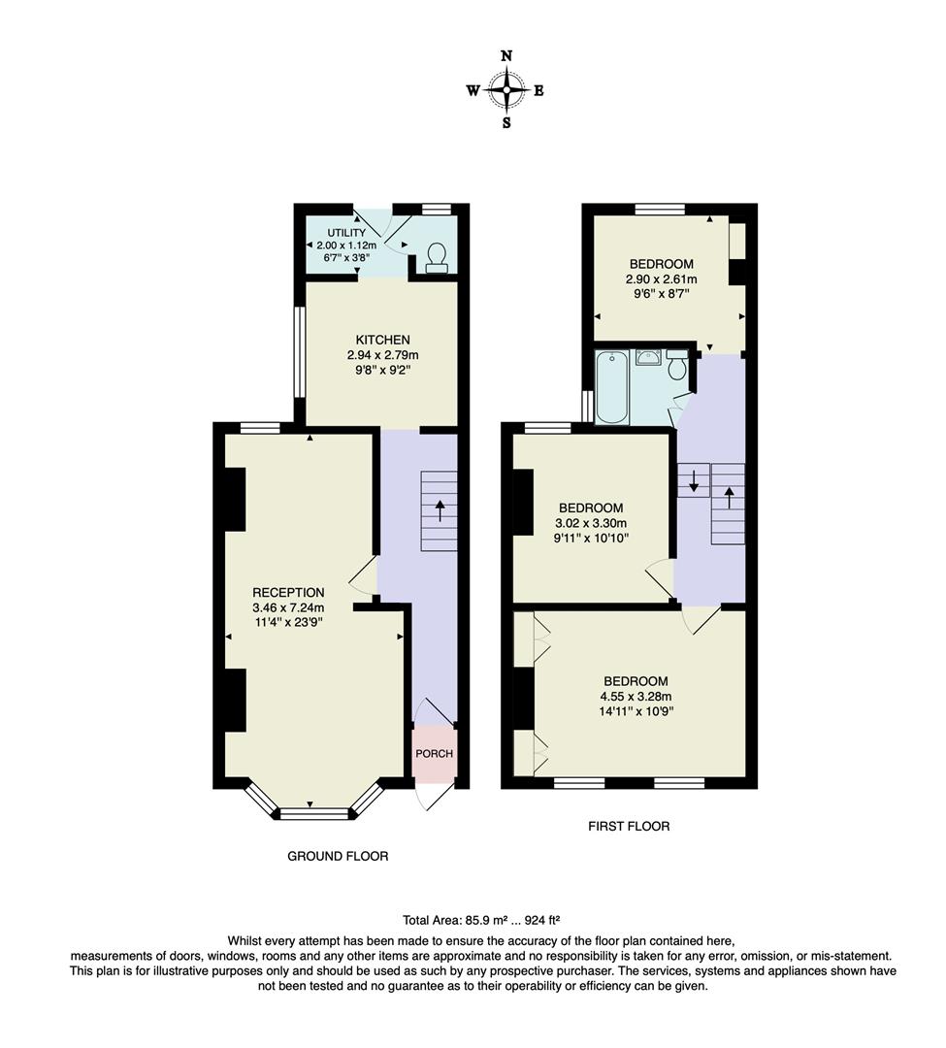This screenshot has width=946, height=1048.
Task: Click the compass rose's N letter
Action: pyautogui.click(x=506, y=56)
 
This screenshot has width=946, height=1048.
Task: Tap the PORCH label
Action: pyautogui.click(x=435, y=754)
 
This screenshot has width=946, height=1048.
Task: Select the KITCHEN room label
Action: pyautogui.click(x=382, y=340)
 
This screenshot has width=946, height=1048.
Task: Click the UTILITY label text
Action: pyautogui.click(x=346, y=233)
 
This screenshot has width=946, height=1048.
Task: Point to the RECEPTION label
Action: pyautogui.click(x=288, y=592)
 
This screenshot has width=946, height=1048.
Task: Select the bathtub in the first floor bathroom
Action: pyautogui.click(x=611, y=388)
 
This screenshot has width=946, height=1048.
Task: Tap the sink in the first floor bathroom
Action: pyautogui.click(x=647, y=358)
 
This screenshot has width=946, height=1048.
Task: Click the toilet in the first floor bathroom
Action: pyautogui.click(x=677, y=365)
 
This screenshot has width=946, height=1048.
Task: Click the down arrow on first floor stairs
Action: pyautogui.click(x=693, y=479)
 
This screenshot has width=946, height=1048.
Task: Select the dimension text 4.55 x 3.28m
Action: pyautogui.click(x=636, y=696)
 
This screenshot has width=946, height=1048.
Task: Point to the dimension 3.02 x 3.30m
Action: pyautogui.click(x=590, y=523)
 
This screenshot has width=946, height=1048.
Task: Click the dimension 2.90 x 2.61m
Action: pyautogui.click(x=662, y=279)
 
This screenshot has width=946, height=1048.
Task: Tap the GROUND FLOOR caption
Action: pyautogui.click(x=338, y=856)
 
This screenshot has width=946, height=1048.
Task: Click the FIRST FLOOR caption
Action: pyautogui.click(x=629, y=827)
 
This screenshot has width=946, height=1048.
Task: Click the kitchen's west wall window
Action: pyautogui.click(x=300, y=352)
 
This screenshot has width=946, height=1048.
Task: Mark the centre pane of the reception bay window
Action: pyautogui.click(x=312, y=814)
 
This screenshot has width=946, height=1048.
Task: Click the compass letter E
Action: pyautogui.click(x=539, y=91)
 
